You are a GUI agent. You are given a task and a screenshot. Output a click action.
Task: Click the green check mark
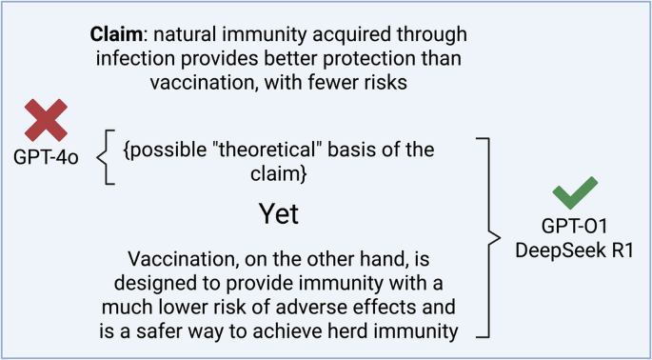[x=576, y=193]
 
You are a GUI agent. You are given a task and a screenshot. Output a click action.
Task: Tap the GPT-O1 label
[x=577, y=230]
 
